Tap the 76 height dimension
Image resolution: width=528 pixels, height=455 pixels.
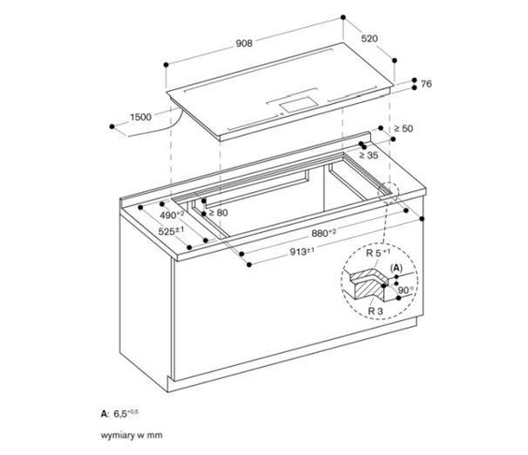pos(425,85)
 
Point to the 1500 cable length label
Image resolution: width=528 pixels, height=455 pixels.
pos(140,117)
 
